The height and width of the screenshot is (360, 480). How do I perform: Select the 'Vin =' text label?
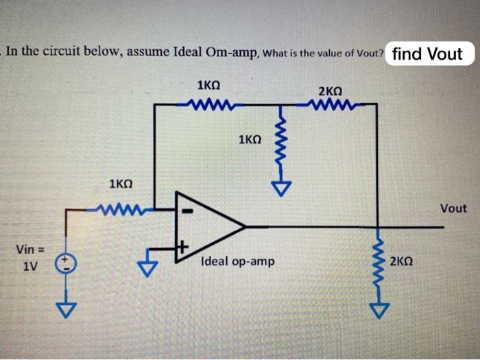[29, 248]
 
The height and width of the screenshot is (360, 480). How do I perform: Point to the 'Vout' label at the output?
[453, 208]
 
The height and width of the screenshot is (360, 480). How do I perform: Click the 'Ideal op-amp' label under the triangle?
[237, 261]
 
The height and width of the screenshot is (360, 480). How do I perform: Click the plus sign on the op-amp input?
[183, 244]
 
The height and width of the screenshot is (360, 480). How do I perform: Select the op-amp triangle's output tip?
[243, 225]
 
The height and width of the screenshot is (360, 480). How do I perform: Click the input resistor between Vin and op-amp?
[121, 208]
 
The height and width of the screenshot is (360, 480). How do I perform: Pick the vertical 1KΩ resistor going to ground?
[280, 145]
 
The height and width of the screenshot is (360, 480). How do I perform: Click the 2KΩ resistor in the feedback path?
[331, 105]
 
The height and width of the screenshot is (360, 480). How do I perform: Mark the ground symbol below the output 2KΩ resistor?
[378, 311]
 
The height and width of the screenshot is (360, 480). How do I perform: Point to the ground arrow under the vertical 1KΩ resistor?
[280, 186]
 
